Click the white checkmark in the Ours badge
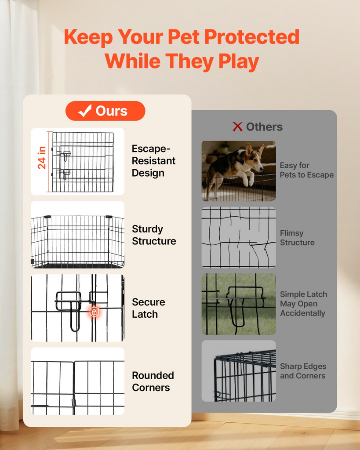[x=85, y=111]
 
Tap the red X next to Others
[x=237, y=127]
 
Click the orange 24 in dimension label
[x=42, y=158]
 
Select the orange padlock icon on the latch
[x=94, y=311]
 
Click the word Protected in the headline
[x=252, y=37]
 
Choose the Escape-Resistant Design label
[x=153, y=161]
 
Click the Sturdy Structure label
[x=154, y=235]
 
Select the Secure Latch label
[x=149, y=308]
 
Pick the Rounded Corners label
[x=153, y=381]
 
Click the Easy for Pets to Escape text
[x=307, y=170]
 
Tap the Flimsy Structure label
[x=297, y=238]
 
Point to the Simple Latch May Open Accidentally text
[x=303, y=304]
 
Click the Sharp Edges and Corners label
[x=303, y=371]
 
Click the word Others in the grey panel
[x=264, y=127]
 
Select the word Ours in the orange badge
[x=111, y=111]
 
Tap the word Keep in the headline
[x=88, y=37]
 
